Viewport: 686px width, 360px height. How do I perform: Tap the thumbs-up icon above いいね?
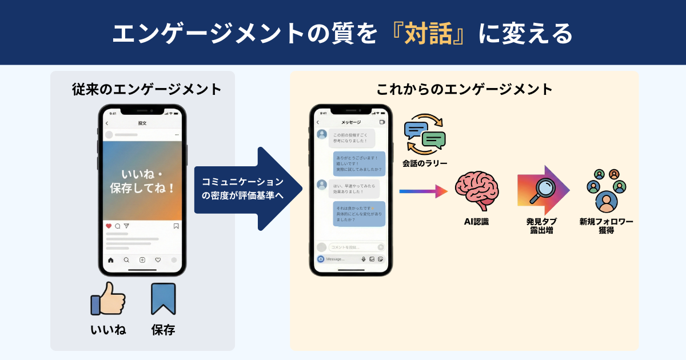pyautogui.click(x=108, y=299)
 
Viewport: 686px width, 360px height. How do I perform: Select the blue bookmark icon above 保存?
pyautogui.click(x=163, y=299)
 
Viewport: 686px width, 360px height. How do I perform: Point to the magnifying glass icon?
pyautogui.click(x=540, y=190)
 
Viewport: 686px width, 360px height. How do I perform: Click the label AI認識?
pyautogui.click(x=476, y=222)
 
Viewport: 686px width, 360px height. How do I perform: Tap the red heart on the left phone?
pyautogui.click(x=109, y=226)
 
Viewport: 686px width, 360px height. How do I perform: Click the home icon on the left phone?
pyautogui.click(x=110, y=260)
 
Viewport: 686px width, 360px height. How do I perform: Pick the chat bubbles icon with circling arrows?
pyautogui.click(x=424, y=135)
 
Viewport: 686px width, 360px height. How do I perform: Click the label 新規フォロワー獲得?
pyautogui.click(x=606, y=226)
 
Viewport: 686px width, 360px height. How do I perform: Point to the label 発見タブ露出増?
pyautogui.click(x=541, y=226)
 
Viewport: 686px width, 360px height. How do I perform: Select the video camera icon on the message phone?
pyautogui.click(x=382, y=122)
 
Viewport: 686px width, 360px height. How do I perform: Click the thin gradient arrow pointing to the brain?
pyautogui.click(x=423, y=191)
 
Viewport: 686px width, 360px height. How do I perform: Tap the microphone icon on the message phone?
pyautogui.click(x=363, y=259)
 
